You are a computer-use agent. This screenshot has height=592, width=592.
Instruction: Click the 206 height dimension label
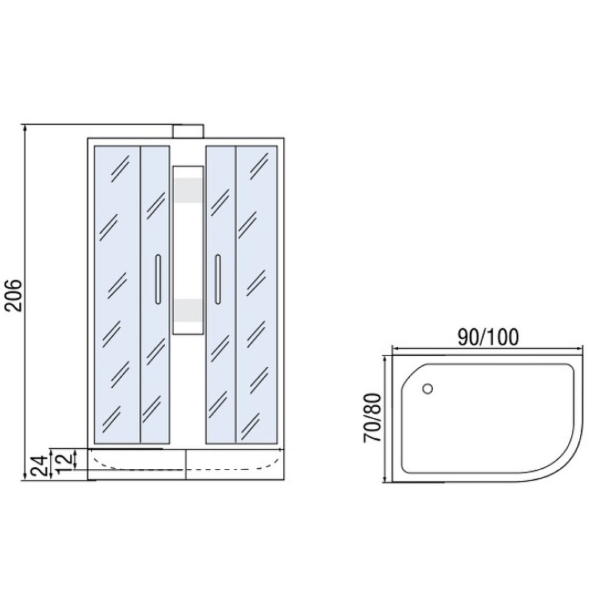[x=15, y=295]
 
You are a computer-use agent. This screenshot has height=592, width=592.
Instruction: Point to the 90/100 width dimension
[x=488, y=337]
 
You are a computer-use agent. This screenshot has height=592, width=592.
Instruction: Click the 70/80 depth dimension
[x=373, y=417]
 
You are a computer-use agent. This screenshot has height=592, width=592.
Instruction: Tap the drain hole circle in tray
[x=428, y=388]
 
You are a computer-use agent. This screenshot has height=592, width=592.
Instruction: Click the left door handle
[x=158, y=280]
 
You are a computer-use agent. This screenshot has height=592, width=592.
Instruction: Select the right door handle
[x=218, y=280]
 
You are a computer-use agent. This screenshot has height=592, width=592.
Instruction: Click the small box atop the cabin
[x=189, y=132]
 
